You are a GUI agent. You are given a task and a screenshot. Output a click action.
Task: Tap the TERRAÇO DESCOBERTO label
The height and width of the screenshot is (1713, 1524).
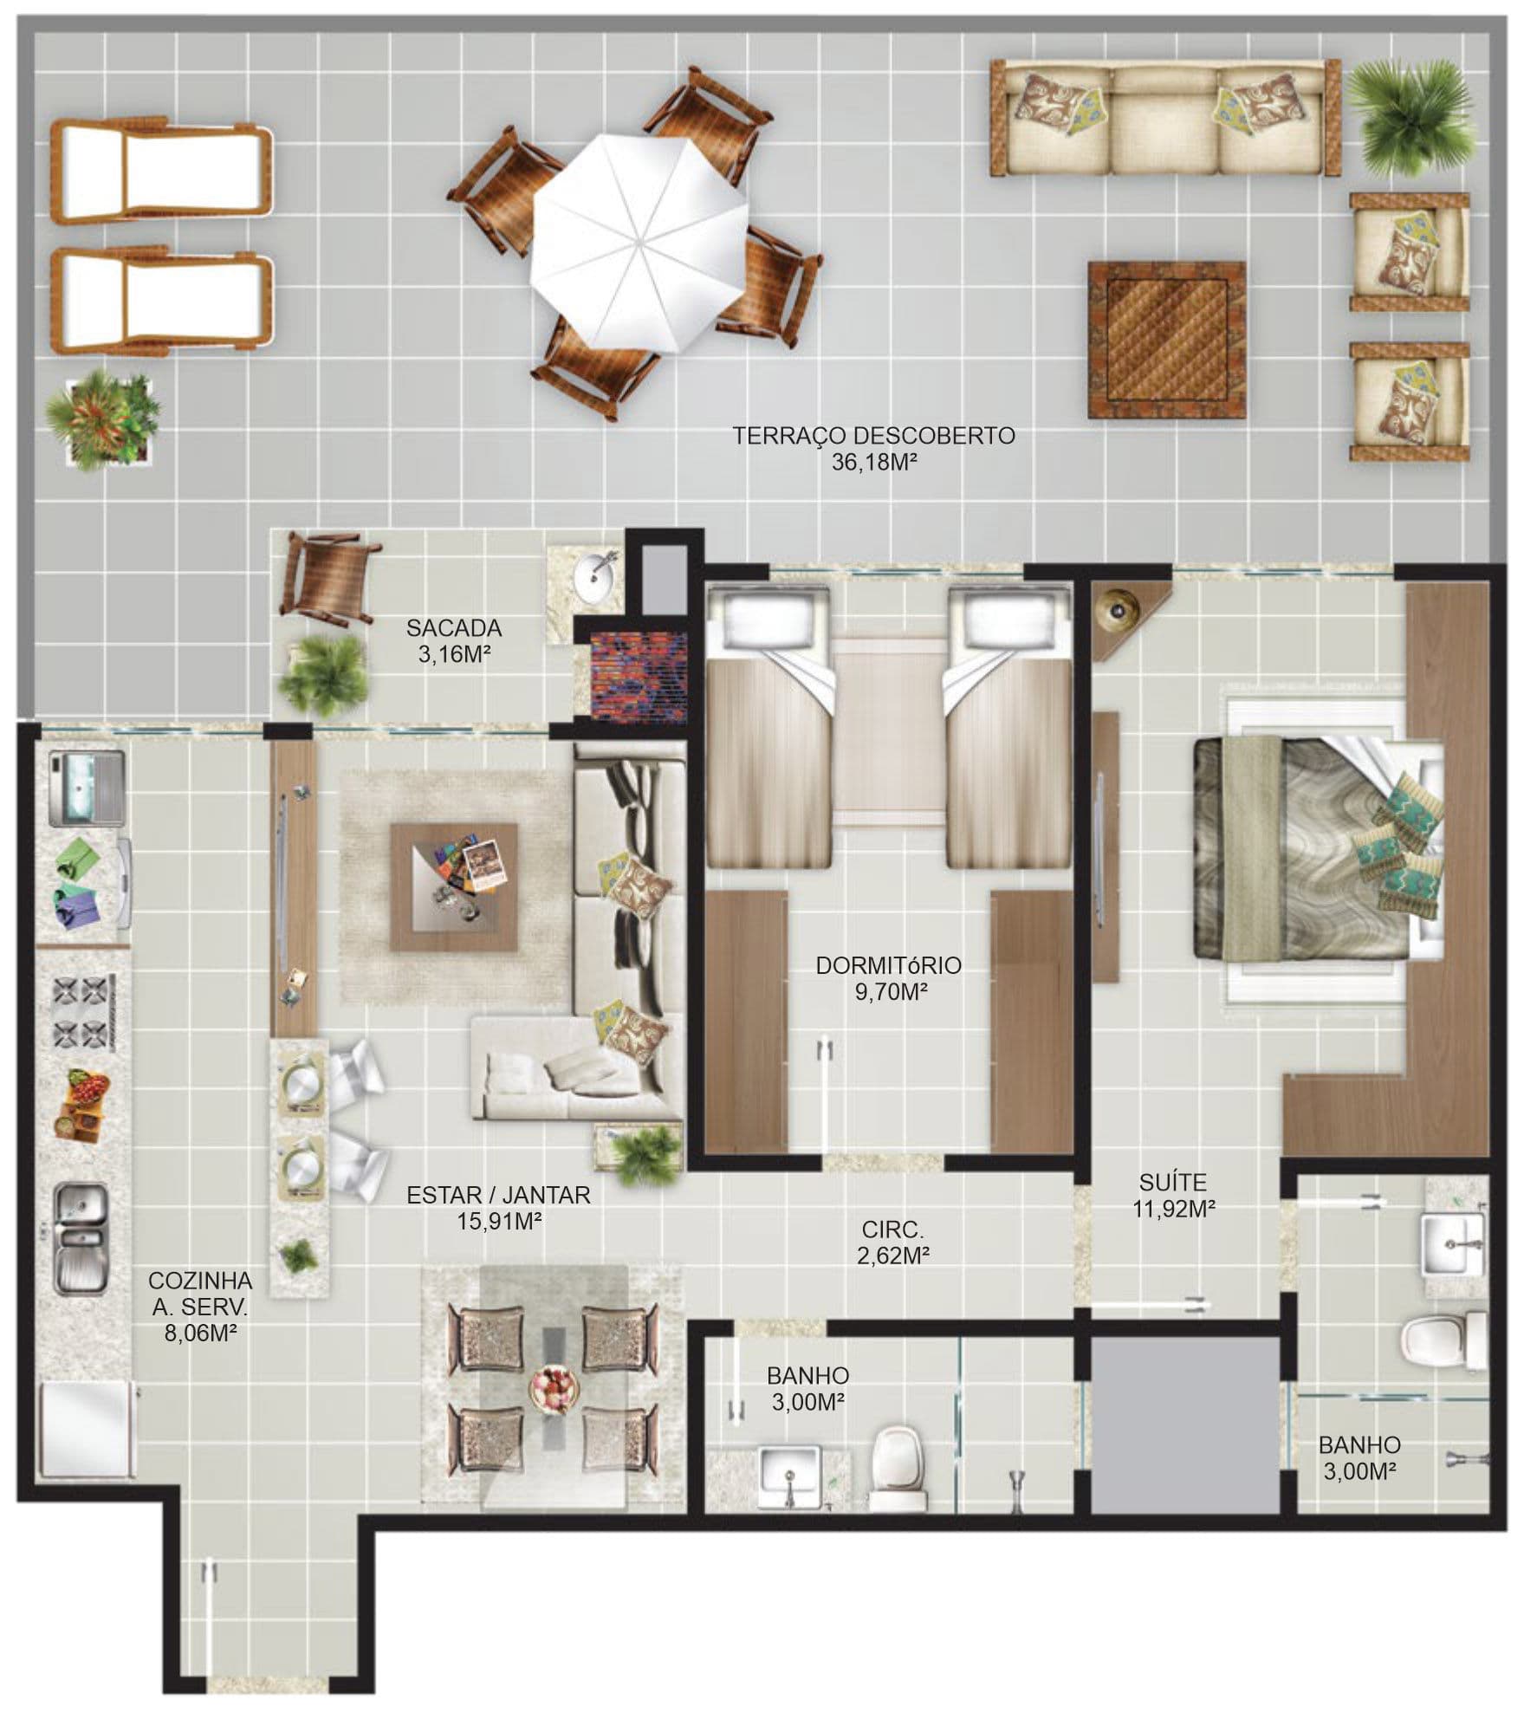click(873, 435)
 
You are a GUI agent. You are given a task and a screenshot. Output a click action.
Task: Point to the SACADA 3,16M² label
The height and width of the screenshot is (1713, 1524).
click(454, 640)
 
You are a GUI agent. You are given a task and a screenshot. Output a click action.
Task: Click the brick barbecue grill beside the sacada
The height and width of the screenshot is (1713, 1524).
click(639, 675)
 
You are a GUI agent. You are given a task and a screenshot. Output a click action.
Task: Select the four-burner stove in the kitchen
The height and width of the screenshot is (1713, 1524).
click(85, 1012)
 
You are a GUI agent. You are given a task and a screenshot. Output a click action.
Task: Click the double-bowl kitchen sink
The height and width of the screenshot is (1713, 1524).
click(81, 1239)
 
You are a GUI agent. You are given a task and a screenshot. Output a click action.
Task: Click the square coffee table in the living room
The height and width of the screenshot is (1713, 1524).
click(454, 887)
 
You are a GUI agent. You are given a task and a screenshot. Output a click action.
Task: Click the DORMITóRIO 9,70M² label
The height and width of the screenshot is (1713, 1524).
click(890, 978)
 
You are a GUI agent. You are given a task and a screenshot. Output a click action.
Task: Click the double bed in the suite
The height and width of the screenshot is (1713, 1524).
click(1318, 848)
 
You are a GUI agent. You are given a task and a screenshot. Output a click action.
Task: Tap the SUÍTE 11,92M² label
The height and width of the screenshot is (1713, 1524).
click(1173, 1195)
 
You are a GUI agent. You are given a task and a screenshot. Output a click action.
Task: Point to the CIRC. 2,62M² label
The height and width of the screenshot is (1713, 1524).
click(893, 1242)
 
